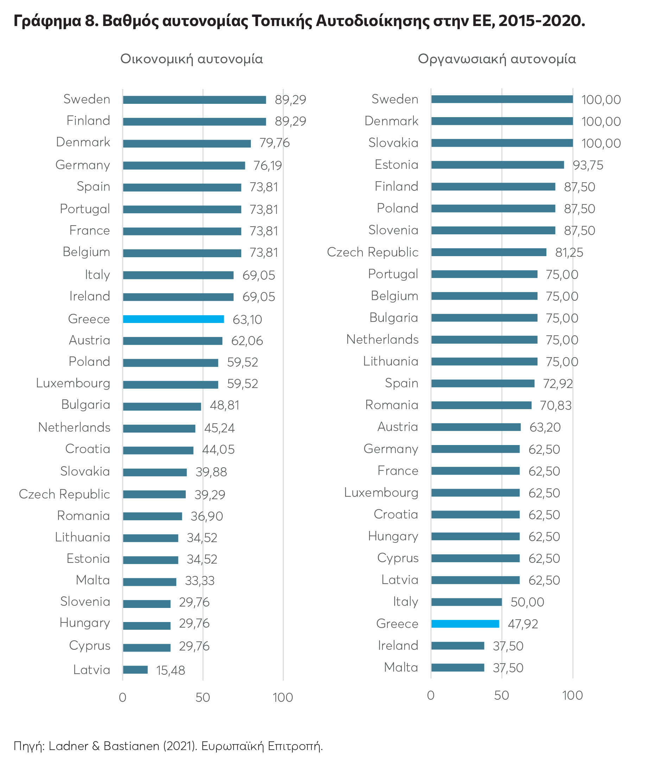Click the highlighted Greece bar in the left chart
tap(173, 319)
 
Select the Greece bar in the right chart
tap(465, 623)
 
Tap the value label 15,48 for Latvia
tap(170, 670)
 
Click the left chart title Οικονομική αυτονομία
tap(191, 59)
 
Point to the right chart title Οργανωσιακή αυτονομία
tap(496, 59)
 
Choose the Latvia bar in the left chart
tap(135, 670)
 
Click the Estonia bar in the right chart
tap(497, 165)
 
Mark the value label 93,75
tap(588, 165)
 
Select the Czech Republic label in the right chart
tap(373, 252)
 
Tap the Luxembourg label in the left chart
tap(73, 383)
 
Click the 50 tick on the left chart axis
tap(202, 697)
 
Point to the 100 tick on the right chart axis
tap(572, 695)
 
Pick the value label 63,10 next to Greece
tap(247, 319)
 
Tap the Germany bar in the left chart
tap(184, 165)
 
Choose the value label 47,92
tap(522, 624)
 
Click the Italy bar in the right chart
tap(466, 602)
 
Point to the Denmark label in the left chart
tap(83, 142)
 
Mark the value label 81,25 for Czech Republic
tap(569, 253)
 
